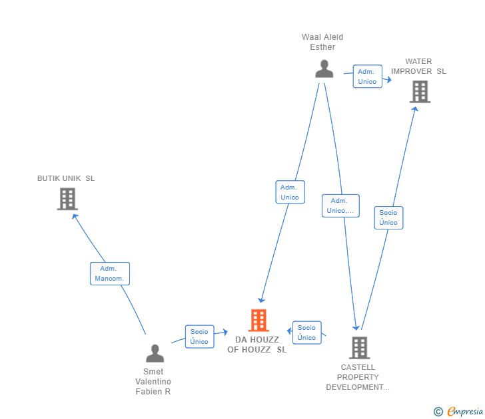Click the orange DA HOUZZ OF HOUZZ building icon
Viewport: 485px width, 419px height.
click(258, 320)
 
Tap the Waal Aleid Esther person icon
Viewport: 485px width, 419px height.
click(324, 69)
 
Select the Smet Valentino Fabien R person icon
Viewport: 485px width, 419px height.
click(155, 353)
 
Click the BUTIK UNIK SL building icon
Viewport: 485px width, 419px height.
click(67, 199)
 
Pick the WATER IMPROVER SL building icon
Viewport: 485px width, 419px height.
click(420, 92)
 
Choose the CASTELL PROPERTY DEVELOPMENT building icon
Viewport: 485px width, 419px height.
click(360, 348)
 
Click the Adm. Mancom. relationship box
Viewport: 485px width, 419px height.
click(110, 273)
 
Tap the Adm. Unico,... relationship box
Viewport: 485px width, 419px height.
click(340, 206)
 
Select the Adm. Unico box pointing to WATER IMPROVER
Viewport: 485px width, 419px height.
click(368, 76)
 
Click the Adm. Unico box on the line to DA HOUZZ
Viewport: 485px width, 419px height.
click(290, 192)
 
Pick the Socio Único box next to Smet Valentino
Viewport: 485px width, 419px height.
click(199, 337)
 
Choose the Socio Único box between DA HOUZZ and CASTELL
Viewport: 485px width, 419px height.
click(307, 333)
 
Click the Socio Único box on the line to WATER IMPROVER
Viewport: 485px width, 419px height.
click(388, 217)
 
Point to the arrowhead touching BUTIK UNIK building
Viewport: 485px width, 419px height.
click(75, 216)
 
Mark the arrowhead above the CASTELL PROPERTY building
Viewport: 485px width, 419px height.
click(356, 327)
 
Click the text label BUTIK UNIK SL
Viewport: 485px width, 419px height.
click(66, 178)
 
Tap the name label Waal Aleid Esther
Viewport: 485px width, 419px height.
click(322, 42)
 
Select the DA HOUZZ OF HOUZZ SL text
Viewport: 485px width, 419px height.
click(257, 345)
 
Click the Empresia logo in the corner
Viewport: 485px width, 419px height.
click(464, 412)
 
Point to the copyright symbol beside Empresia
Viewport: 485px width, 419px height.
click(438, 412)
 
